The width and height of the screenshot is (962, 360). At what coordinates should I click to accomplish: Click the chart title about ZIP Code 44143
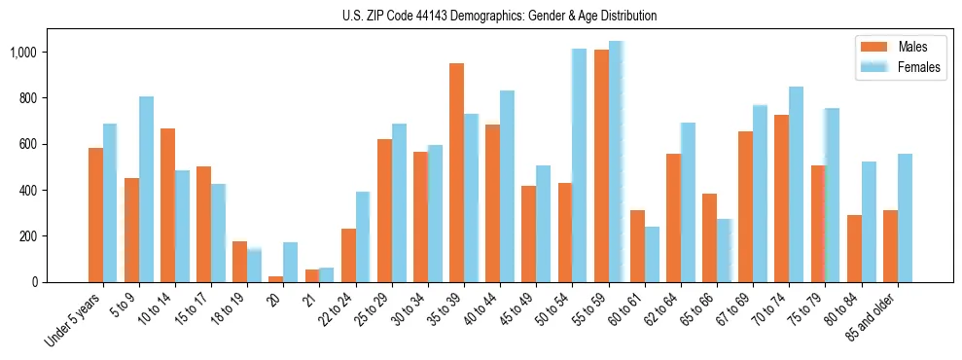(500, 16)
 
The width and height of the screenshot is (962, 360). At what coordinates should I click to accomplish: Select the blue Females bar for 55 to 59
(616, 162)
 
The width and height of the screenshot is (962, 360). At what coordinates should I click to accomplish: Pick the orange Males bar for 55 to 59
(601, 165)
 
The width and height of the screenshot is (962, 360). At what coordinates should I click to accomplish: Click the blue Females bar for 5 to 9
(146, 189)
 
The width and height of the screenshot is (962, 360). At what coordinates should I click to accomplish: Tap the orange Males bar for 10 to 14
(167, 205)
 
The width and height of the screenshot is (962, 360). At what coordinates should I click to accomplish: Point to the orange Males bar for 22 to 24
(348, 255)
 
